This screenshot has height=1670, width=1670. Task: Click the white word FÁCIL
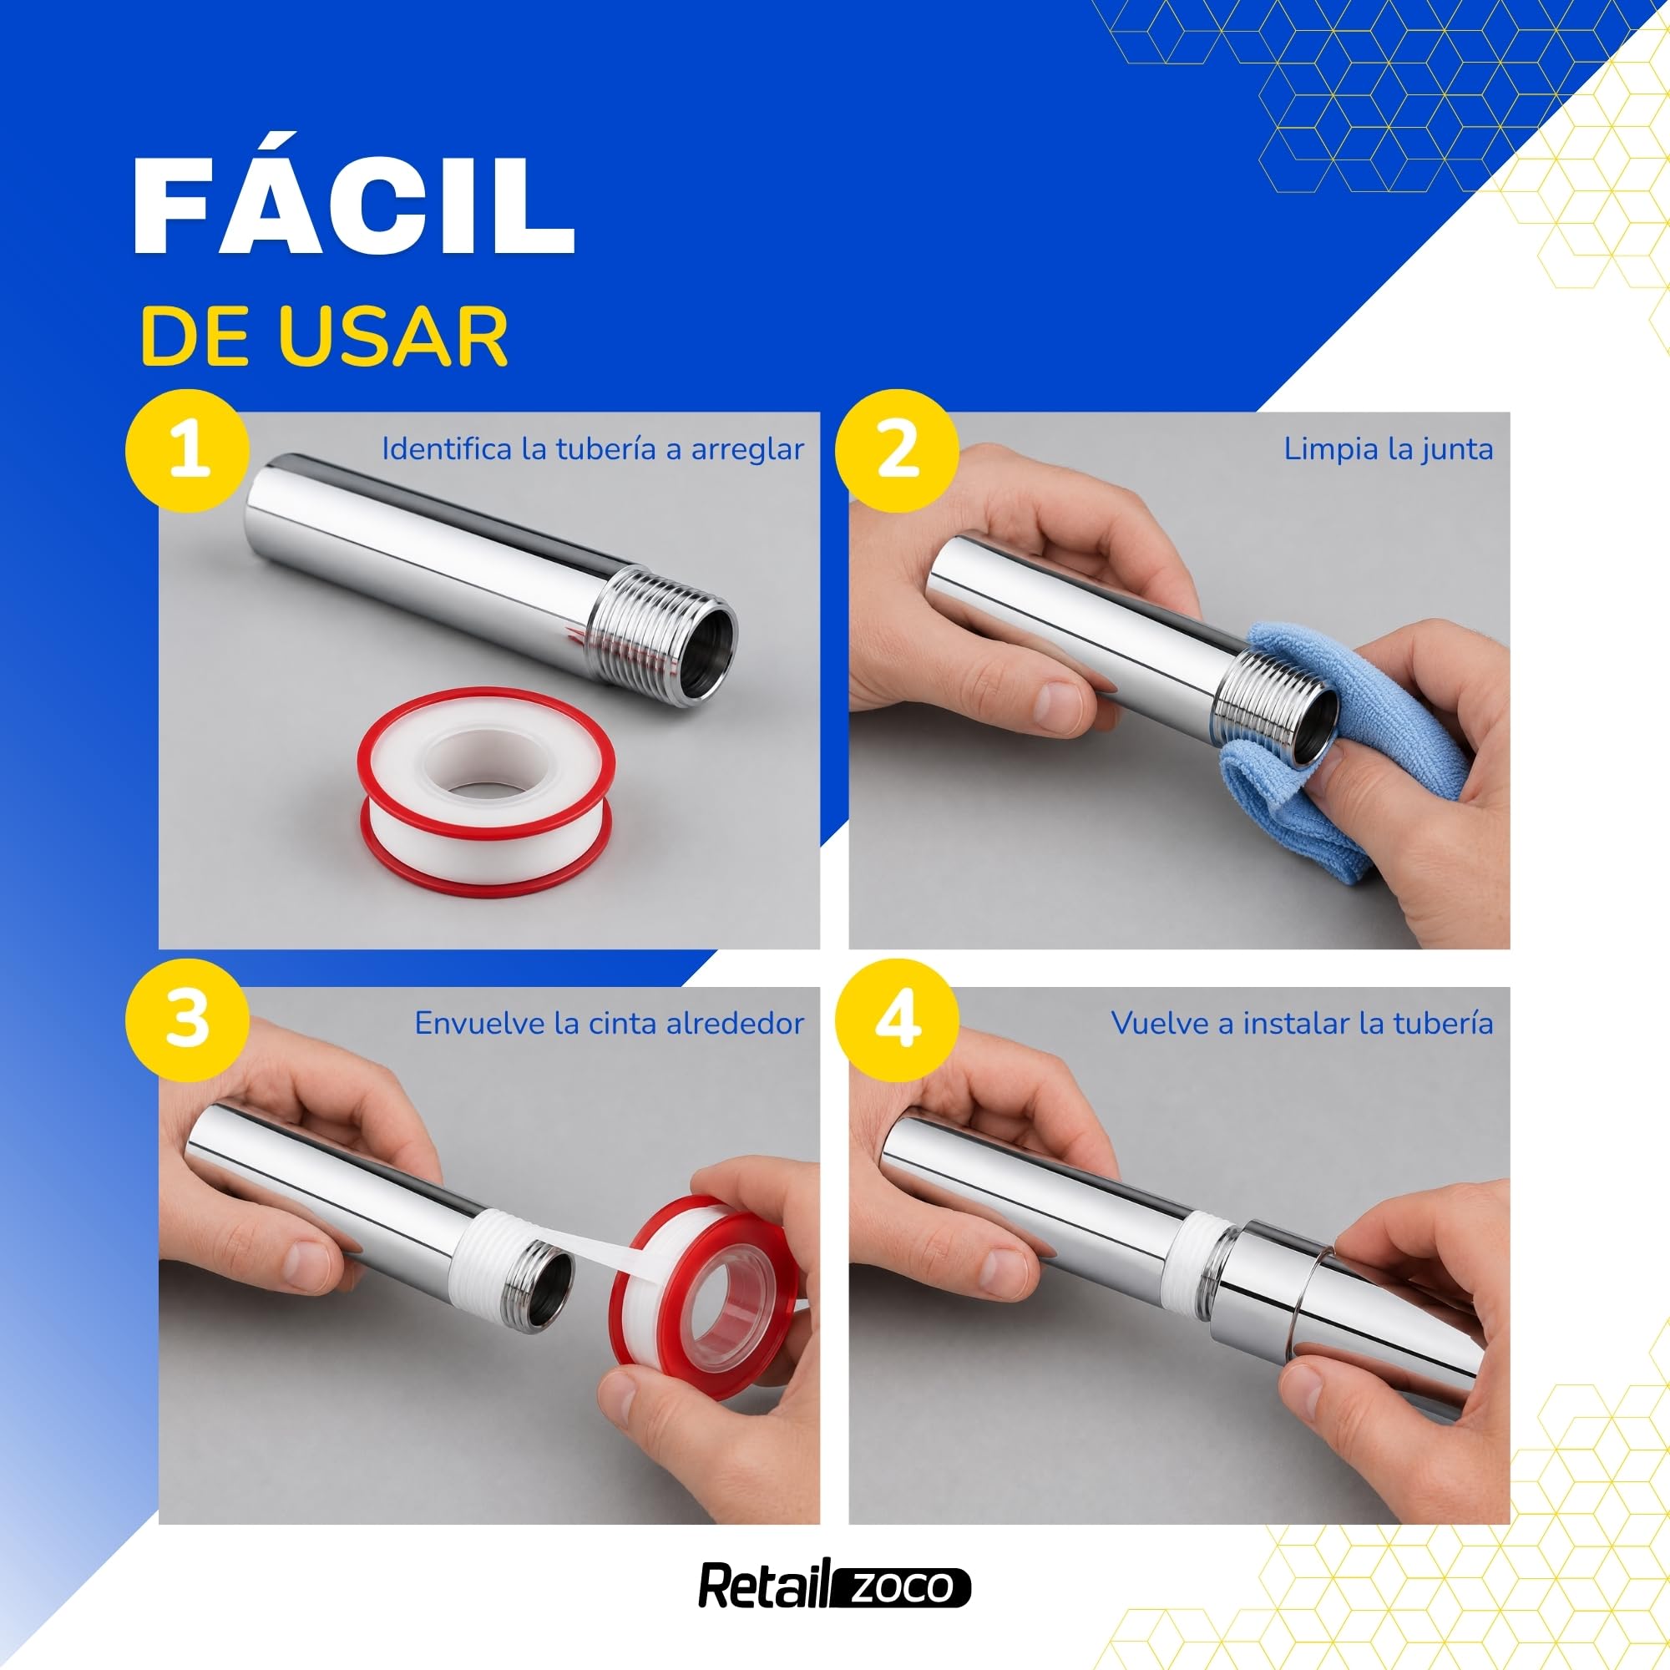tap(354, 205)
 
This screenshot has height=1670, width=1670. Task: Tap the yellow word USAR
tap(397, 337)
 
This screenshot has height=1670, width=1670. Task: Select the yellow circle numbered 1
tap(188, 450)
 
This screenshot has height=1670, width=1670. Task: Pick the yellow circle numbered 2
tap(898, 450)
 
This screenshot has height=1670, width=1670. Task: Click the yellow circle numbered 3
tap(188, 1020)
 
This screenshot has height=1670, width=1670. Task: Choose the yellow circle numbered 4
tap(898, 1020)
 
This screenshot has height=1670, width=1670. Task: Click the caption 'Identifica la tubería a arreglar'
tap(593, 449)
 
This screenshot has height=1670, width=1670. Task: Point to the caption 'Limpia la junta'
tap(1389, 449)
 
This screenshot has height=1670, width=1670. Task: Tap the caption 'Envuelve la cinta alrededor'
tap(610, 1024)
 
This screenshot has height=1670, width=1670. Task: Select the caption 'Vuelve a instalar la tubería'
tap(1302, 1024)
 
